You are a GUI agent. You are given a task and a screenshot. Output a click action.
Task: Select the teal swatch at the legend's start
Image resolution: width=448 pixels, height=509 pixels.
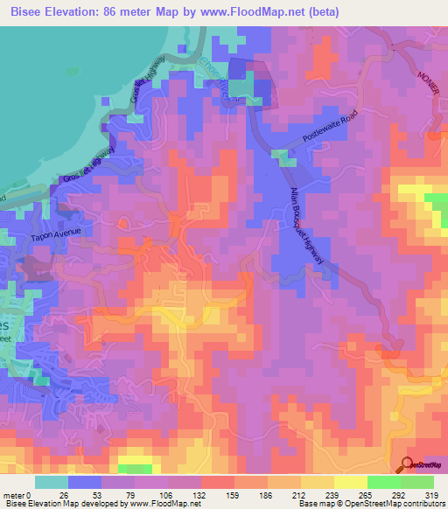[52, 482]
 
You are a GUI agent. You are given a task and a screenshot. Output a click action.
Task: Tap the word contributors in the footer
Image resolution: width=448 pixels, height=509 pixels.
[421, 504]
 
